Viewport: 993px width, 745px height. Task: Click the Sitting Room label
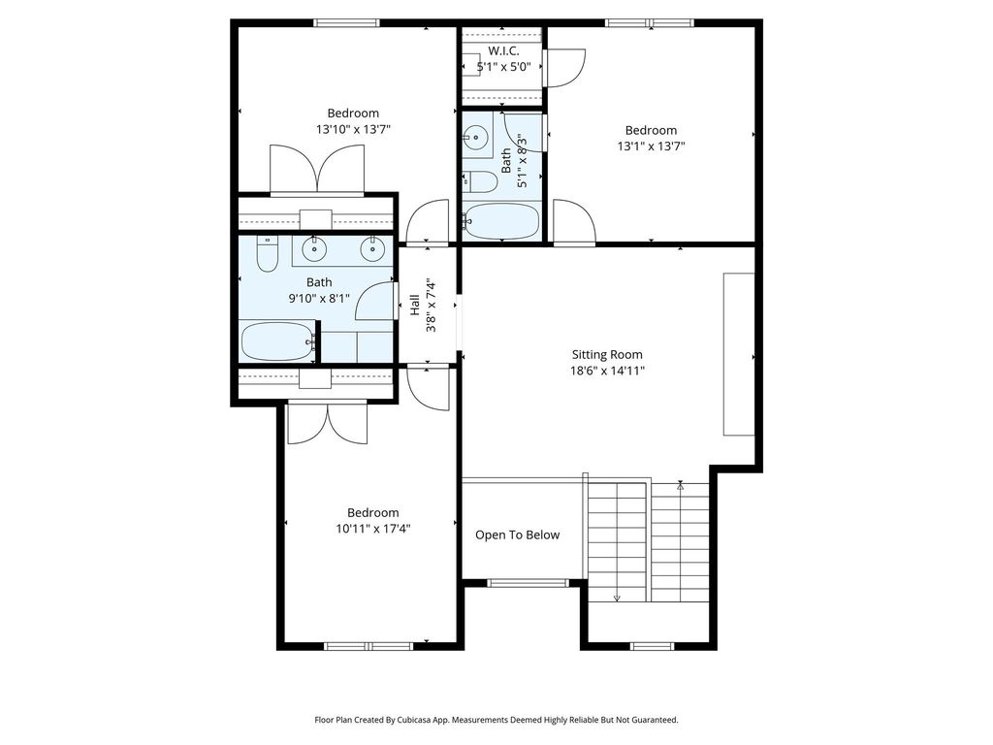[x=607, y=355]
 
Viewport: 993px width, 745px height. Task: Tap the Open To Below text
[x=518, y=535]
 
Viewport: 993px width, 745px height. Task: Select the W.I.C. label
[x=503, y=51]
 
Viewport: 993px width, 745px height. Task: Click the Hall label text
[x=415, y=305]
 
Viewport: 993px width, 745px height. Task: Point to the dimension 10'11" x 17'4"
[x=373, y=529]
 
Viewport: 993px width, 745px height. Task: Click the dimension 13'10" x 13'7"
[x=353, y=130]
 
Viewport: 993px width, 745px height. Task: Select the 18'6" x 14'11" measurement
[x=607, y=371]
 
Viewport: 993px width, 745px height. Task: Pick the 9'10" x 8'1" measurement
[x=319, y=299]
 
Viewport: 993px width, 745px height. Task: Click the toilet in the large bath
[x=268, y=253]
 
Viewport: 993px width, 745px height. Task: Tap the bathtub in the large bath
[x=278, y=341]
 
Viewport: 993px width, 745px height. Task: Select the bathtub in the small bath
[x=501, y=221]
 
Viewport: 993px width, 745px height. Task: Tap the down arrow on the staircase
[x=617, y=598]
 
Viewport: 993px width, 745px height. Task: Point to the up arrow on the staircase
[x=680, y=486]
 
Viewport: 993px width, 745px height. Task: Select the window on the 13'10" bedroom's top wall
[x=346, y=23]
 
